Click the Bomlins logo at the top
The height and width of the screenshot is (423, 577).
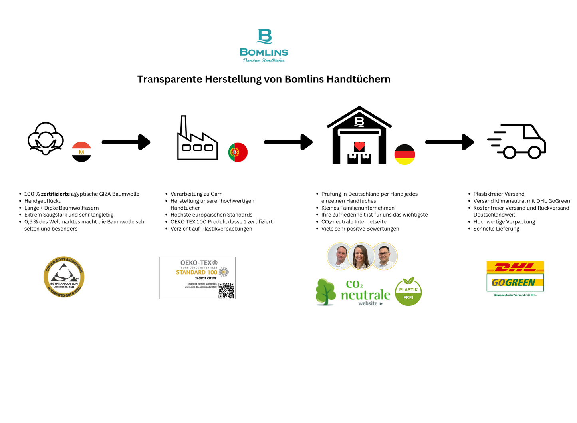tap(264, 45)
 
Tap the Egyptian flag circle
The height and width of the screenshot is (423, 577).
tap(81, 152)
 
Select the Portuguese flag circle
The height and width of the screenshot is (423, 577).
tap(238, 152)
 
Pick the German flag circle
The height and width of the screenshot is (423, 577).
tap(404, 154)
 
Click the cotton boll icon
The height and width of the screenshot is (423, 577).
tap(46, 138)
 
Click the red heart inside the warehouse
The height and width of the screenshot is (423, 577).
tap(359, 146)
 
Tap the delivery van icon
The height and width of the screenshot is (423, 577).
tap(517, 142)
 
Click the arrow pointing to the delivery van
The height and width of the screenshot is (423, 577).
tap(450, 142)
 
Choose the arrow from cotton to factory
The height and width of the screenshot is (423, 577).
tap(126, 142)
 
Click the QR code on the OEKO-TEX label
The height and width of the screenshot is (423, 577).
tap(226, 290)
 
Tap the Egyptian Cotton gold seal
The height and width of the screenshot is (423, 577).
tap(64, 277)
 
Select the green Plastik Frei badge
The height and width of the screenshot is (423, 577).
tap(408, 292)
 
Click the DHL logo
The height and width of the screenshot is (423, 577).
tap(515, 267)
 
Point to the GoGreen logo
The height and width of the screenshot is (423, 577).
tap(514, 283)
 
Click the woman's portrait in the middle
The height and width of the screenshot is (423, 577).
tap(361, 256)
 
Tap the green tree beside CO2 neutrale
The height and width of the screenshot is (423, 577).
tap(326, 292)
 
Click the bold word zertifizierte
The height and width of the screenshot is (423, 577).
tap(56, 194)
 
